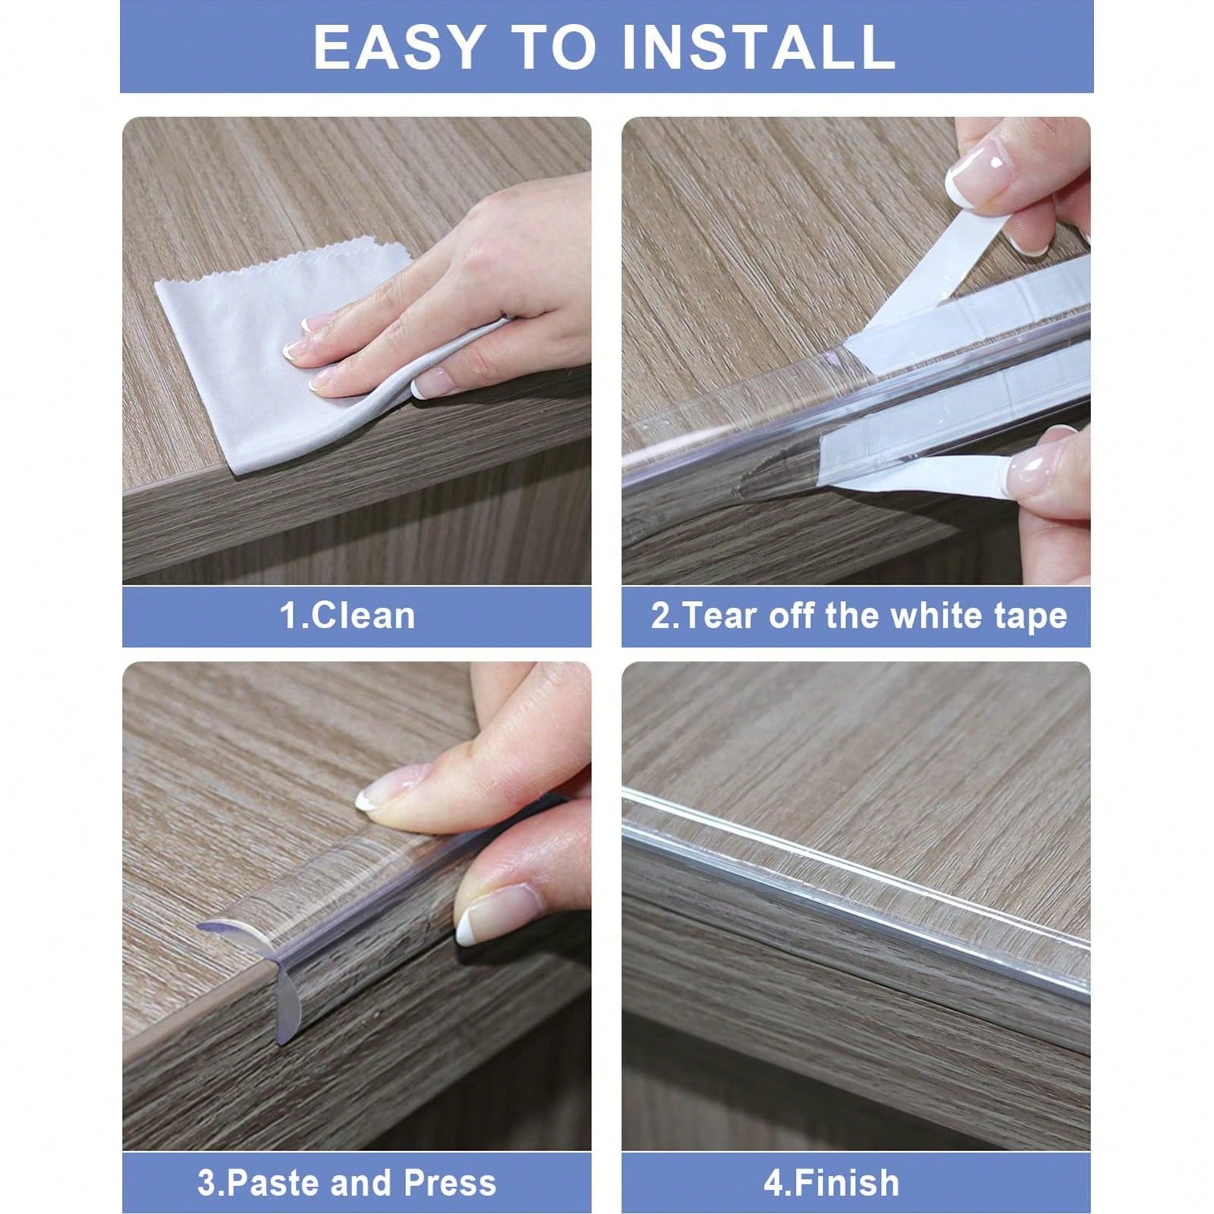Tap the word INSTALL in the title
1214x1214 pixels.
[x=759, y=47]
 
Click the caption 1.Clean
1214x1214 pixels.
[x=348, y=615]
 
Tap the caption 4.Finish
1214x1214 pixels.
[x=832, y=1183]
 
